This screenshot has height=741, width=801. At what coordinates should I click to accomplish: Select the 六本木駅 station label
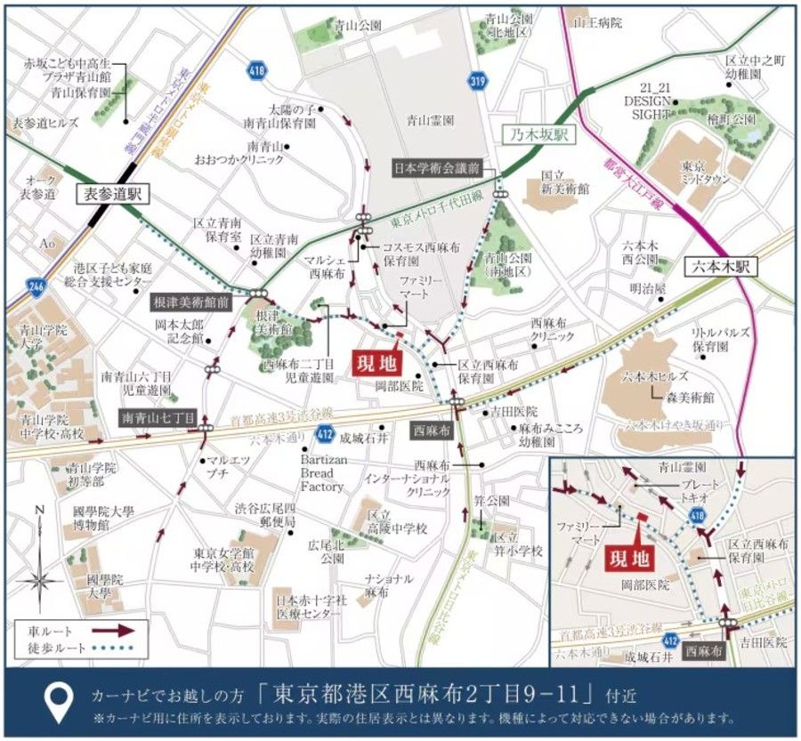click(716, 266)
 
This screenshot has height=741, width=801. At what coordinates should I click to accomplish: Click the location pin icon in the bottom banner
click(60, 700)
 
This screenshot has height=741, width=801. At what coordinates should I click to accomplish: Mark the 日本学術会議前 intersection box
click(436, 167)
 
